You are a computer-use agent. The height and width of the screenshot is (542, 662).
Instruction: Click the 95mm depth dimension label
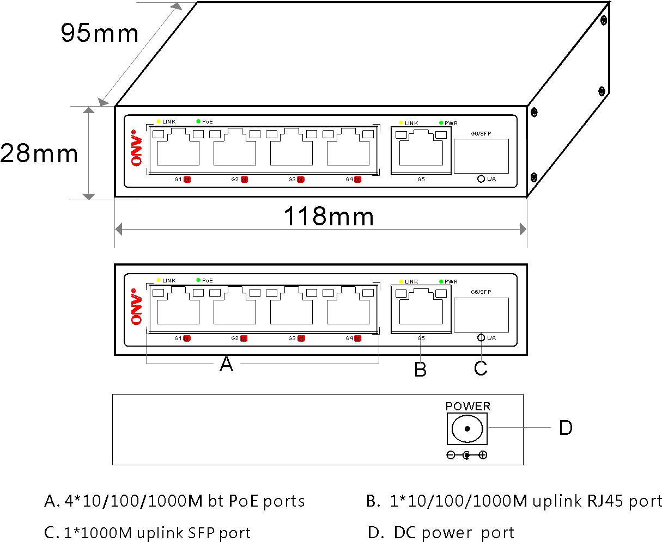(x=99, y=33)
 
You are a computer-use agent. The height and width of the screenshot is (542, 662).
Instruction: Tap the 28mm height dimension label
(x=39, y=153)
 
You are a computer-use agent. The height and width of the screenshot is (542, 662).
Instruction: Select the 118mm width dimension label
(x=329, y=217)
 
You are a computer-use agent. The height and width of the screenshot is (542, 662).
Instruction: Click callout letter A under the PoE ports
(x=226, y=365)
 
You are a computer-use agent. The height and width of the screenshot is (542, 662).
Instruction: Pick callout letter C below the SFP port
(x=480, y=368)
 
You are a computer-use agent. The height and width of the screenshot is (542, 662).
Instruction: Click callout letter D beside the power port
(x=566, y=428)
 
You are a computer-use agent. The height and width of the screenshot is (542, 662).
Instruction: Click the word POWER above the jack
(x=467, y=406)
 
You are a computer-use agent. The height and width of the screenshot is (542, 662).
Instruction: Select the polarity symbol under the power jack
(x=466, y=455)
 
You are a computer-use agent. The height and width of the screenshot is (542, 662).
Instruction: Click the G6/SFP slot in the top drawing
(x=481, y=156)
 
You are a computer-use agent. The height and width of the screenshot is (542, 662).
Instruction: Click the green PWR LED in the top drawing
(x=441, y=123)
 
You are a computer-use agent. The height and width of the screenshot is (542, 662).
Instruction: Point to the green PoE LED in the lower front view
(x=198, y=280)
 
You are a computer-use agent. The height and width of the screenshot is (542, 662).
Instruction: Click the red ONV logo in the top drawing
(x=136, y=148)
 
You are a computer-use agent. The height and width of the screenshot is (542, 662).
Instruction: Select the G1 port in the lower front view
(x=178, y=310)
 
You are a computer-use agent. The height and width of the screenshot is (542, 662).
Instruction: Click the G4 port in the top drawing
(x=348, y=149)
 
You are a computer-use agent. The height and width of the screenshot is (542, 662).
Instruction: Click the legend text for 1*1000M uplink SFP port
(x=148, y=533)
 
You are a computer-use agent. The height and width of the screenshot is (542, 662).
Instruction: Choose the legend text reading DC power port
(x=441, y=533)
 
